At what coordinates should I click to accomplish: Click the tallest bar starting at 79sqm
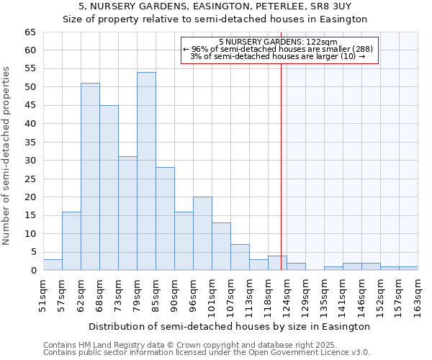tap(146, 171)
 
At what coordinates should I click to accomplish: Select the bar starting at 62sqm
tap(90, 176)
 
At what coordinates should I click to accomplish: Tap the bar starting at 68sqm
tap(109, 187)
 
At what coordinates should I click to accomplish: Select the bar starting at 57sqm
tap(71, 240)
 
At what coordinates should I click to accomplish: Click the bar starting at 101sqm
tap(221, 246)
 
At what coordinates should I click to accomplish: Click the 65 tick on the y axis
tap(30, 32)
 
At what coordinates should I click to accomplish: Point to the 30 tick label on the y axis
tap(30, 161)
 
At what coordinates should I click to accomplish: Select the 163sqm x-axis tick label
tap(418, 295)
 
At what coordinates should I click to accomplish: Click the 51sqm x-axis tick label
tap(43, 295)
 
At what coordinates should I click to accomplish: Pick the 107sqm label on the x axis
tap(230, 295)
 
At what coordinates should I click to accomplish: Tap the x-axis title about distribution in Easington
tap(230, 326)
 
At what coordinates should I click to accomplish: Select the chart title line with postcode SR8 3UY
tap(215, 6)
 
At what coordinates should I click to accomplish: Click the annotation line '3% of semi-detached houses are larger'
tap(278, 56)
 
